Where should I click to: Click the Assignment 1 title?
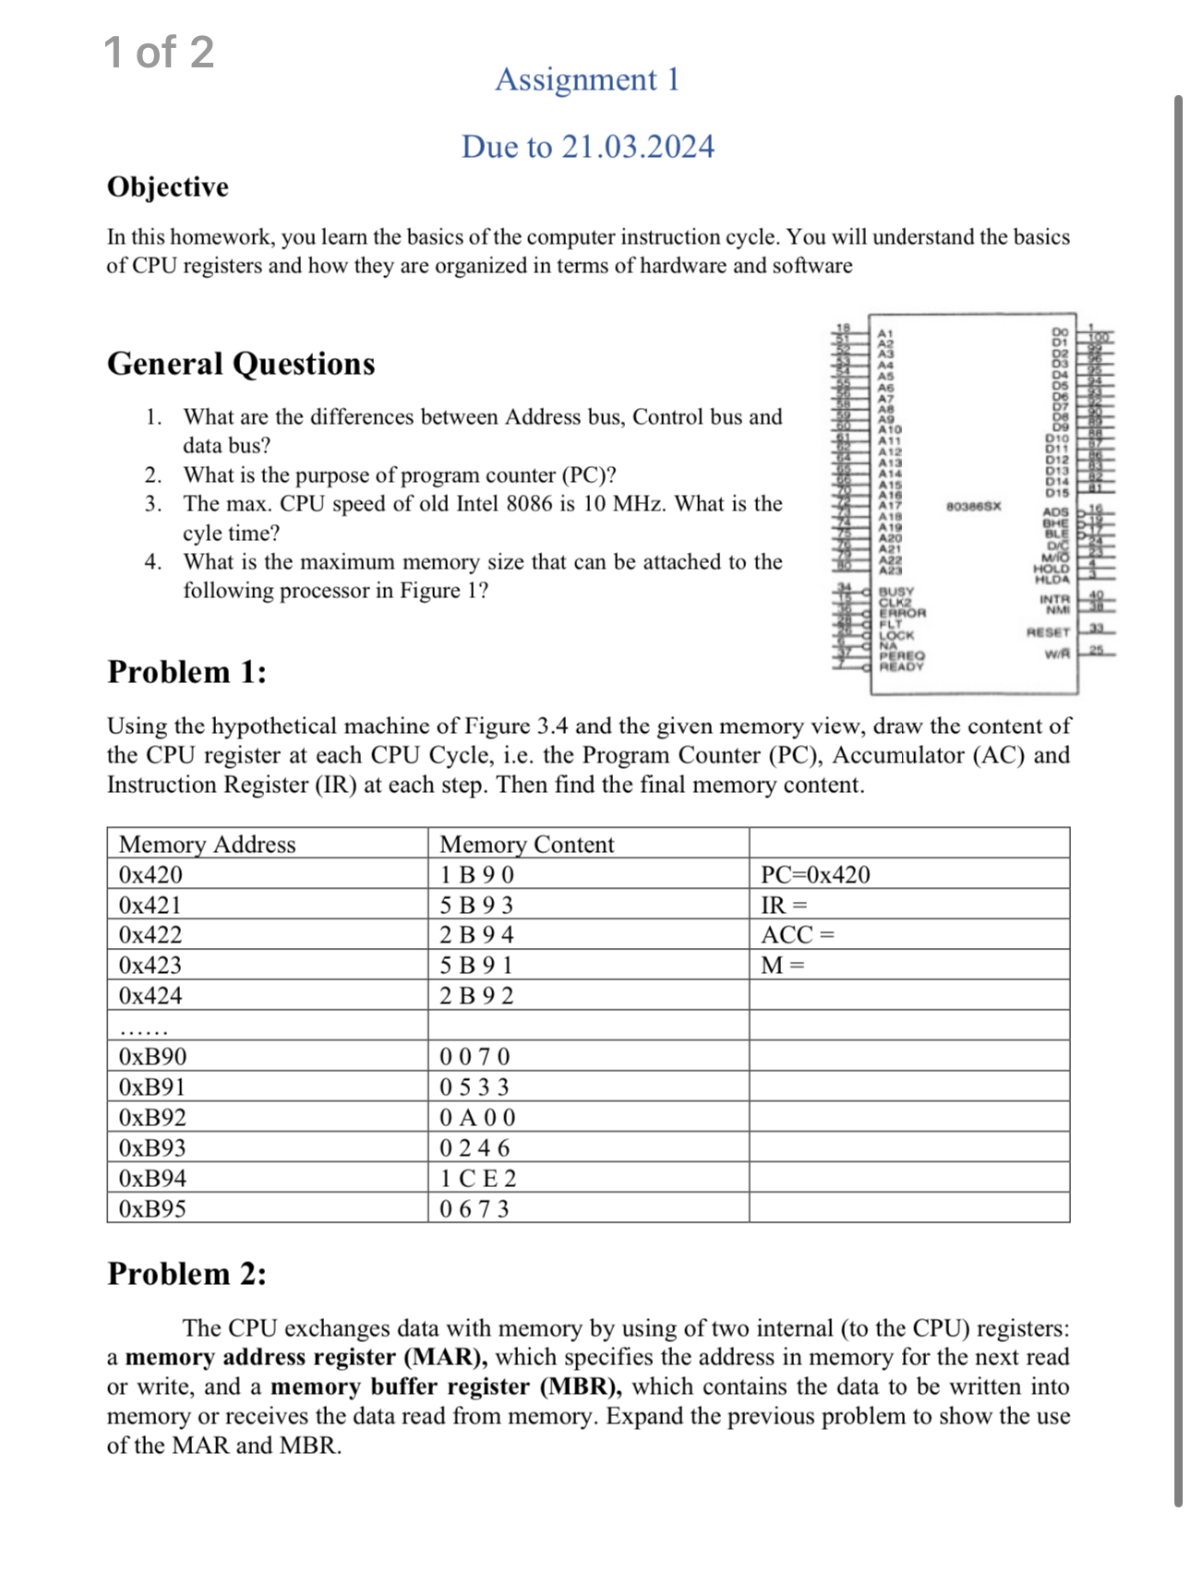[587, 79]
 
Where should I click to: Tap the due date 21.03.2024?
[587, 147]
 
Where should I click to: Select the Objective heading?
[168, 186]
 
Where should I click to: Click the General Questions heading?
[241, 364]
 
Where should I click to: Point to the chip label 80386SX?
[973, 506]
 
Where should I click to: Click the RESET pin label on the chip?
[1048, 632]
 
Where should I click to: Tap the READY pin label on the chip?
[900, 666]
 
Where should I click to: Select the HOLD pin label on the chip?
[1052, 570]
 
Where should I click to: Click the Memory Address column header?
[208, 844]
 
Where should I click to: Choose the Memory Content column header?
[526, 844]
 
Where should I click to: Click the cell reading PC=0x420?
[815, 874]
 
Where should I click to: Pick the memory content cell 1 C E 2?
[477, 1178]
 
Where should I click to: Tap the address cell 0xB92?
[152, 1117]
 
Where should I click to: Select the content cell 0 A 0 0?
[477, 1117]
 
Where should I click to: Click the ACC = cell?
[798, 934]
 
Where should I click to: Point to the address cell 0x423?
[150, 965]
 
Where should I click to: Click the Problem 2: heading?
[186, 1274]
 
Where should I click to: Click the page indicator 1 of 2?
[159, 52]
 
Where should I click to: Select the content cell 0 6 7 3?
[475, 1208]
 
